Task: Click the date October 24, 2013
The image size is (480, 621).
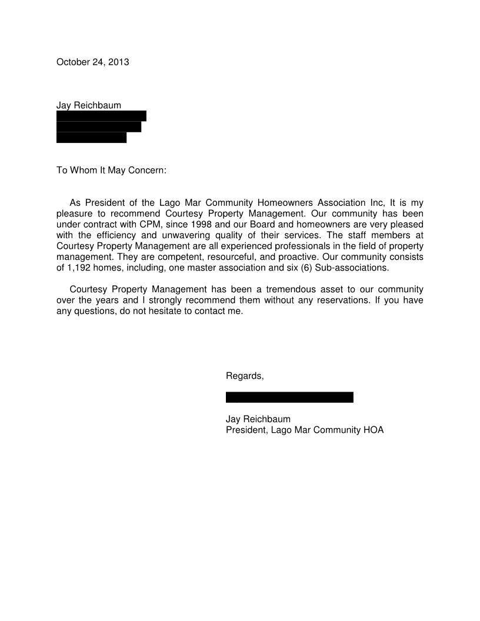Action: coord(92,62)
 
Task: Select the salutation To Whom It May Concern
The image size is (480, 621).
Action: coord(111,171)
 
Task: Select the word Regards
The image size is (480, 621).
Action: coord(245,376)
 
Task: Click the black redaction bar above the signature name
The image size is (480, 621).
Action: coord(289,398)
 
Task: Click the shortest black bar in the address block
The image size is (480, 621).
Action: coord(91,138)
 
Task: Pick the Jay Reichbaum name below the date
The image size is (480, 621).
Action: coord(89,105)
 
